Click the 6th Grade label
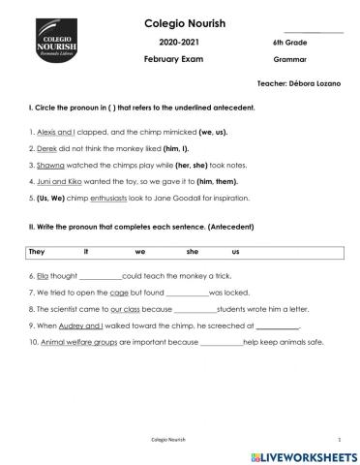[x=290, y=44]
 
